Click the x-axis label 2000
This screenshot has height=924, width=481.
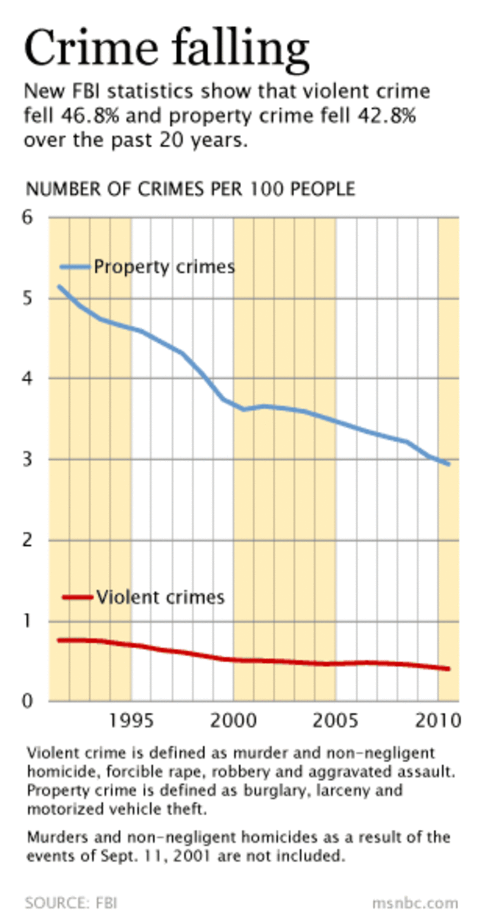click(234, 721)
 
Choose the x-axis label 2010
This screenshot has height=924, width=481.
click(437, 721)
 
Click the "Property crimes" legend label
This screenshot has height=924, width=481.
click(164, 267)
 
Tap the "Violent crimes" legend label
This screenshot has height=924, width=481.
click(160, 597)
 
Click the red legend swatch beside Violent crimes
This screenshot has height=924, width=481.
click(77, 597)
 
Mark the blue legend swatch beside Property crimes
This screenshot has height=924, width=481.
click(75, 267)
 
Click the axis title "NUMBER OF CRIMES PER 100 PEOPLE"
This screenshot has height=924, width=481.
click(190, 189)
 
